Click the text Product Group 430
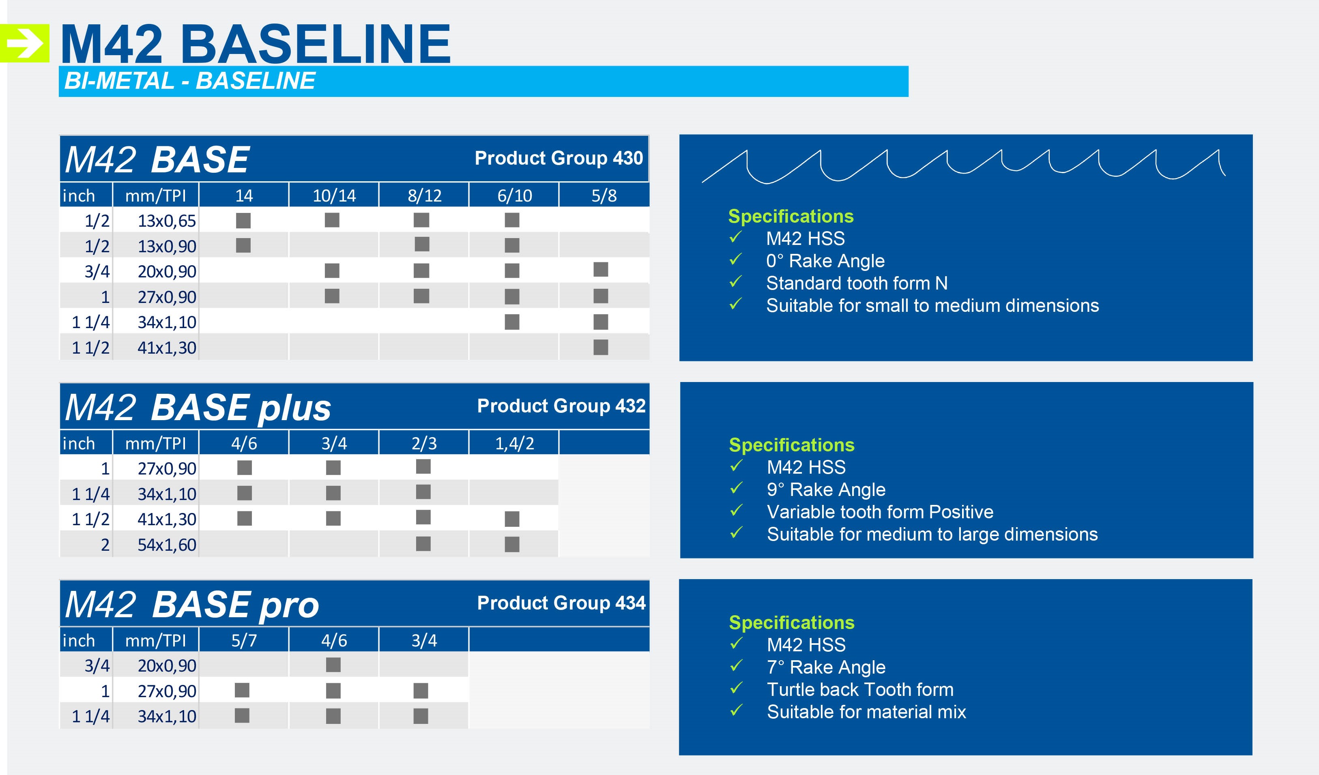click(x=559, y=158)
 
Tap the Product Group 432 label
click(x=561, y=406)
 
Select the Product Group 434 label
click(x=561, y=603)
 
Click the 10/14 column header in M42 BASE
click(x=334, y=196)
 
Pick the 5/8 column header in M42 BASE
click(x=604, y=196)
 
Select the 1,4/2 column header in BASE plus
click(x=515, y=444)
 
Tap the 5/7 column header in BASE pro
click(x=244, y=640)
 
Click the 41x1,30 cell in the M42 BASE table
click(x=166, y=348)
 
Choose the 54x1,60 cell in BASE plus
click(x=166, y=545)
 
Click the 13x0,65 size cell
click(x=166, y=221)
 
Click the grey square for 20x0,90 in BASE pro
click(x=333, y=665)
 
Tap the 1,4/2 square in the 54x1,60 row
click(x=512, y=544)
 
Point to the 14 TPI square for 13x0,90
click(x=243, y=245)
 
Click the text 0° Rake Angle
click(x=825, y=261)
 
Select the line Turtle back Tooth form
click(x=860, y=689)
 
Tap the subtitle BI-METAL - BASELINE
click(x=189, y=81)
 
